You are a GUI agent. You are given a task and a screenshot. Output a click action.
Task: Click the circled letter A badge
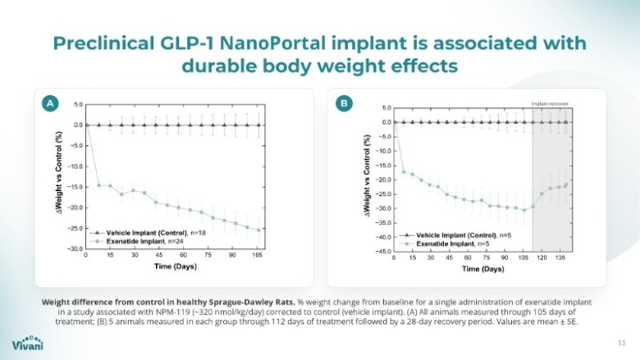50,103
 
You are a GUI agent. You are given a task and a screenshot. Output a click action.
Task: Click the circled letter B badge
344,103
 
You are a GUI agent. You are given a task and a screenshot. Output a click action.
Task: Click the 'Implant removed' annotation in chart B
550,103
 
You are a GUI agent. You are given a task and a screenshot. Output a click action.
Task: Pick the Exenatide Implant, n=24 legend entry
139,242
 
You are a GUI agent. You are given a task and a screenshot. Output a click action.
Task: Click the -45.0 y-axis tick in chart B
382,252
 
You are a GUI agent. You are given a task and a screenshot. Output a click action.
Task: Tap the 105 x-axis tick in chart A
258,255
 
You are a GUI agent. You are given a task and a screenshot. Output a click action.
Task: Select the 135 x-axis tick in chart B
560,258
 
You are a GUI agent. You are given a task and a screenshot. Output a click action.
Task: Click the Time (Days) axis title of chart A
174,267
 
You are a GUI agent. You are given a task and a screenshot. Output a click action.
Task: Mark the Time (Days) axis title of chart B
482,269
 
